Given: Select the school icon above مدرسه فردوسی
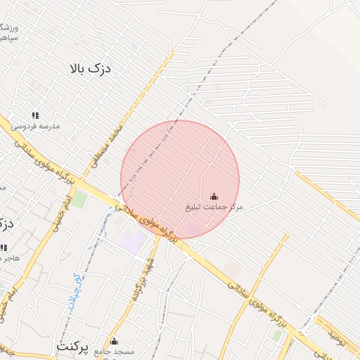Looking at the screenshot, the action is [x=34, y=115].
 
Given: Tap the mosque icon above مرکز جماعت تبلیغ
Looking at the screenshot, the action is [x=214, y=196].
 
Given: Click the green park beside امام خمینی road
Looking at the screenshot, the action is [x=81, y=198].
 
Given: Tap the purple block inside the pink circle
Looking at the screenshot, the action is [x=191, y=228].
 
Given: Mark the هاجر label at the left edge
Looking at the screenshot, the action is [x=10, y=259].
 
